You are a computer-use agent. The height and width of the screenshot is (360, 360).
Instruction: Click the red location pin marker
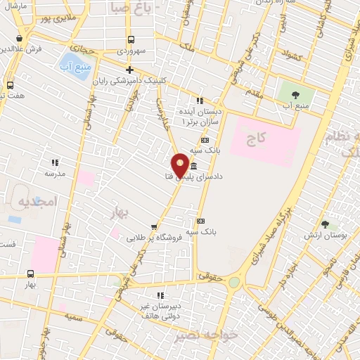[x=180, y=166]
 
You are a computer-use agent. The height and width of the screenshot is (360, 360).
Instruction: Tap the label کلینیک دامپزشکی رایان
[x=173, y=79]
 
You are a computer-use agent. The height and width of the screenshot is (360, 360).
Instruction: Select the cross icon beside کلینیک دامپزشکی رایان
[x=129, y=69]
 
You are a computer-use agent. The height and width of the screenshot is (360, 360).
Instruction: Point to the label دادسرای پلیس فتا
[x=211, y=175]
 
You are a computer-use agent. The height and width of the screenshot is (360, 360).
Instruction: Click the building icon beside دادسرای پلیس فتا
[x=193, y=165]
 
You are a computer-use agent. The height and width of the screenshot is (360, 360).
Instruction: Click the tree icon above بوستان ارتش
[x=326, y=224]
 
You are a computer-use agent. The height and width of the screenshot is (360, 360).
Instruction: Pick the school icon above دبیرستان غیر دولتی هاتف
[x=160, y=295]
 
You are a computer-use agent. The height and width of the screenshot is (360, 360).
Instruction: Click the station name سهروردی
[x=131, y=51]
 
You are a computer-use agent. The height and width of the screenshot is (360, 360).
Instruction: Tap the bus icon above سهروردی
[x=131, y=40]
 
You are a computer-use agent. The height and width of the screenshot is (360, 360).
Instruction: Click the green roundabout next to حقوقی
[x=234, y=282]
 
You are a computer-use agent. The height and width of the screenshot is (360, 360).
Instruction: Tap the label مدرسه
[x=55, y=173]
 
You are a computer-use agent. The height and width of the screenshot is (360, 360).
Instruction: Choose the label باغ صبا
[x=130, y=8]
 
